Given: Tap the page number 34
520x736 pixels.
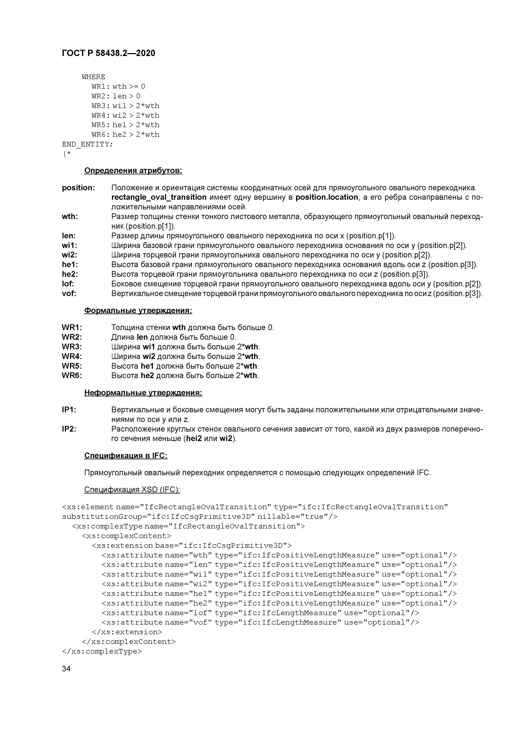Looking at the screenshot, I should [66, 668].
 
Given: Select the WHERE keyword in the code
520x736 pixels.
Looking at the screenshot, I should [93, 77].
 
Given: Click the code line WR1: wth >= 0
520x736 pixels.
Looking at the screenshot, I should [118, 87].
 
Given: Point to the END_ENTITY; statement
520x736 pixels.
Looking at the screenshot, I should [87, 144].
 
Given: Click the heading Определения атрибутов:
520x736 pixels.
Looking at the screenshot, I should [133, 171].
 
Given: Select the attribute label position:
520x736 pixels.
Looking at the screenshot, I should [78, 188].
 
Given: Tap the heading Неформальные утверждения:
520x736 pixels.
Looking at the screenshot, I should [143, 393].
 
